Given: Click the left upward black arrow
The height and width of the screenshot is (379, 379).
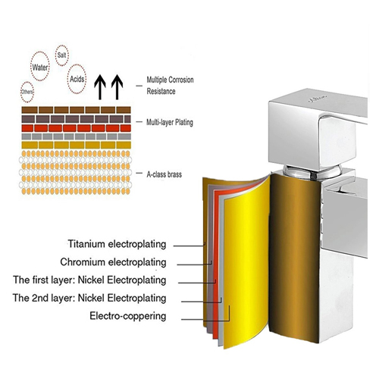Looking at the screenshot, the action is coord(100,87).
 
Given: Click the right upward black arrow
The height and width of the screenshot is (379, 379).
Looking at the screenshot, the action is coord(117,87).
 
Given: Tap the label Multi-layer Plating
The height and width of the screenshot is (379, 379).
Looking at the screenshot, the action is coord(170,123).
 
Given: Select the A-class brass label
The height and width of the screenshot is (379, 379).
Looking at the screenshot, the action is coord(164,174).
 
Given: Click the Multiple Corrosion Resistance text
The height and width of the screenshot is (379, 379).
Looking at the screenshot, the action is coord(170,86).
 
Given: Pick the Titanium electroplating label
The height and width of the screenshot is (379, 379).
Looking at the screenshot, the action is coord(117,244).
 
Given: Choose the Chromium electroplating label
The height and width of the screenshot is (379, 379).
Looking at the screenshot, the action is coord(113,262).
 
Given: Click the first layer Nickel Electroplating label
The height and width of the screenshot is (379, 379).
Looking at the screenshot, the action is coord(89,280).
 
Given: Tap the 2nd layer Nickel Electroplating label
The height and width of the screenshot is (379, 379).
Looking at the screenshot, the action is coord(89,298).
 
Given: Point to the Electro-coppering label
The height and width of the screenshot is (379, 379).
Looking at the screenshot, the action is coord(128,316).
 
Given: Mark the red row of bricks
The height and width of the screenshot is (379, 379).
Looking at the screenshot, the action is coord(76,128).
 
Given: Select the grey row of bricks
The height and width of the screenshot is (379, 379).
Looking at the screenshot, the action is coord(76,136).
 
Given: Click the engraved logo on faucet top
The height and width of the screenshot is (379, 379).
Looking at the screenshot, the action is coord(318,99).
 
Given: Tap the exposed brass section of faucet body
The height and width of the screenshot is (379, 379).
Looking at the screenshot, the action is coord(294,255).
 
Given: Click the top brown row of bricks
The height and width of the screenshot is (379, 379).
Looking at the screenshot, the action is coord(76,110).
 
